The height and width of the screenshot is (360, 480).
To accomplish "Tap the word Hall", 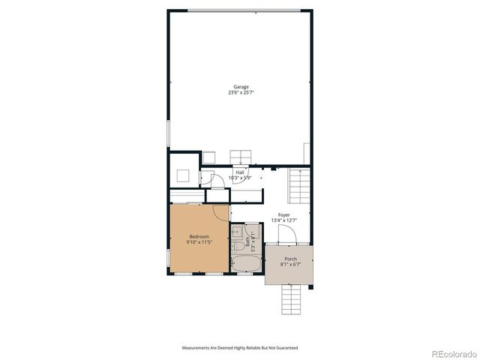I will (240, 172).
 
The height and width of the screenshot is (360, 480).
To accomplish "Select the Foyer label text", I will (283, 215).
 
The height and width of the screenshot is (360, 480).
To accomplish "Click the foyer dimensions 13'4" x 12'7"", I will (283, 220).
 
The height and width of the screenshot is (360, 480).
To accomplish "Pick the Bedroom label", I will (199, 237).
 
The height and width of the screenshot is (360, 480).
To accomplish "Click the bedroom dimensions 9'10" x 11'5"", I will (199, 242).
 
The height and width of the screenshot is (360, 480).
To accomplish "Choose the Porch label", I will (289, 259).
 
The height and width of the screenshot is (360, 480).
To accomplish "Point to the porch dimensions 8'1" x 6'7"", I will (289, 264).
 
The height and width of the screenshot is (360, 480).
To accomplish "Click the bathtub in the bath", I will (245, 264).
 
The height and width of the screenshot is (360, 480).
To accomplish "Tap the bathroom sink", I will (237, 231).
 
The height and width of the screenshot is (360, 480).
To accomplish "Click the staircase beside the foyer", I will (299, 185).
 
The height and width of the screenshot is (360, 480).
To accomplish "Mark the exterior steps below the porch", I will (292, 300).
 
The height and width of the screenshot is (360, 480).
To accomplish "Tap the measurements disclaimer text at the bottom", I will (239, 348).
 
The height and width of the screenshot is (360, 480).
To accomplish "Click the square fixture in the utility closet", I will (183, 175).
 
